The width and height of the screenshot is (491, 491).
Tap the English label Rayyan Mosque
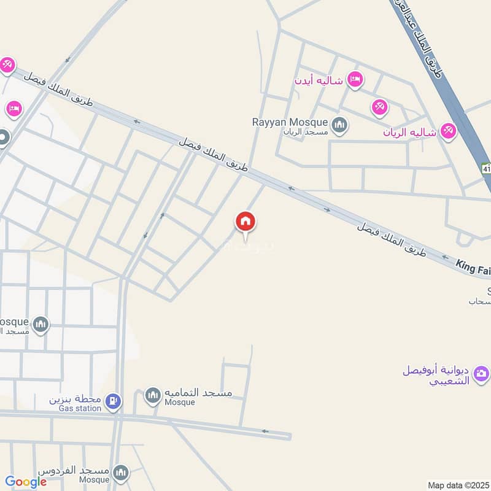290,122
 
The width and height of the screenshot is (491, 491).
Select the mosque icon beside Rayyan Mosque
340,126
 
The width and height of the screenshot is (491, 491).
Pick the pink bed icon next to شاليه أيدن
355,79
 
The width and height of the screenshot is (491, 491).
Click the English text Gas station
76,408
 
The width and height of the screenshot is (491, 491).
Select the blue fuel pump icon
114,403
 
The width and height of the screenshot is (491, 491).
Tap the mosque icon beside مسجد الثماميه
153,396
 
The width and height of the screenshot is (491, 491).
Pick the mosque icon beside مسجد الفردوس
122,473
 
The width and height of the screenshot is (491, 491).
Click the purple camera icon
482,372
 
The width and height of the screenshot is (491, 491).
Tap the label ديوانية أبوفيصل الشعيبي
436,375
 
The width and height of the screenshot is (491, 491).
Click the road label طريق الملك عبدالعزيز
431,47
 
